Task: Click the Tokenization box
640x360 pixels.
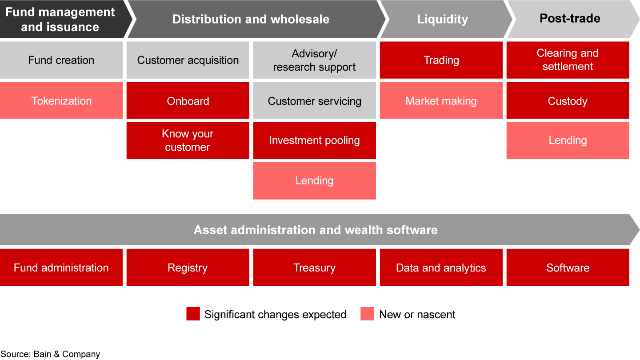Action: pos(61,100)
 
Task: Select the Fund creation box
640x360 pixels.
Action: pos(61,60)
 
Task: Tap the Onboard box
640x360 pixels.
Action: pos(188,100)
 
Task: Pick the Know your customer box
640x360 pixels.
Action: pos(188,140)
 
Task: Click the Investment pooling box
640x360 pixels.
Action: pos(315,140)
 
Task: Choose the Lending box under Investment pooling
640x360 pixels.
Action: pos(315,180)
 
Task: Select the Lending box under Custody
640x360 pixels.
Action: pos(568,140)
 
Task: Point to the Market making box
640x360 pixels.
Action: pos(441,100)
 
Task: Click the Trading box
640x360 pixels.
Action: pos(441,60)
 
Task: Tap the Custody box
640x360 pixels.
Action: pos(568,100)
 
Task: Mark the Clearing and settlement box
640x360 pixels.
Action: pos(568,60)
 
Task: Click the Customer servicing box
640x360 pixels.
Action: pos(315,100)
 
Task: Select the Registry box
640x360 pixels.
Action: pos(188,268)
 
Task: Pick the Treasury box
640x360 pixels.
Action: pos(315,268)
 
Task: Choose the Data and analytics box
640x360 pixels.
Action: pos(441,268)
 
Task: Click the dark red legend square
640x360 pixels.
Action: pos(193,314)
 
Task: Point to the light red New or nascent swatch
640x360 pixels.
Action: pos(367,314)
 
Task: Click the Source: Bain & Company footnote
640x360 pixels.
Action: pos(50,354)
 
